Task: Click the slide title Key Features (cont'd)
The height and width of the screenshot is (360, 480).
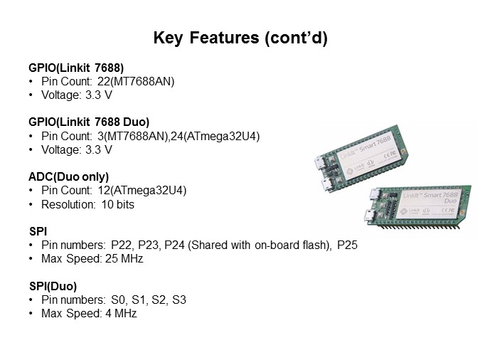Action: pyautogui.click(x=240, y=38)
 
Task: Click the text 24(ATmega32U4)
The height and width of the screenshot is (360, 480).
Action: pyautogui.click(x=221, y=136)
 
